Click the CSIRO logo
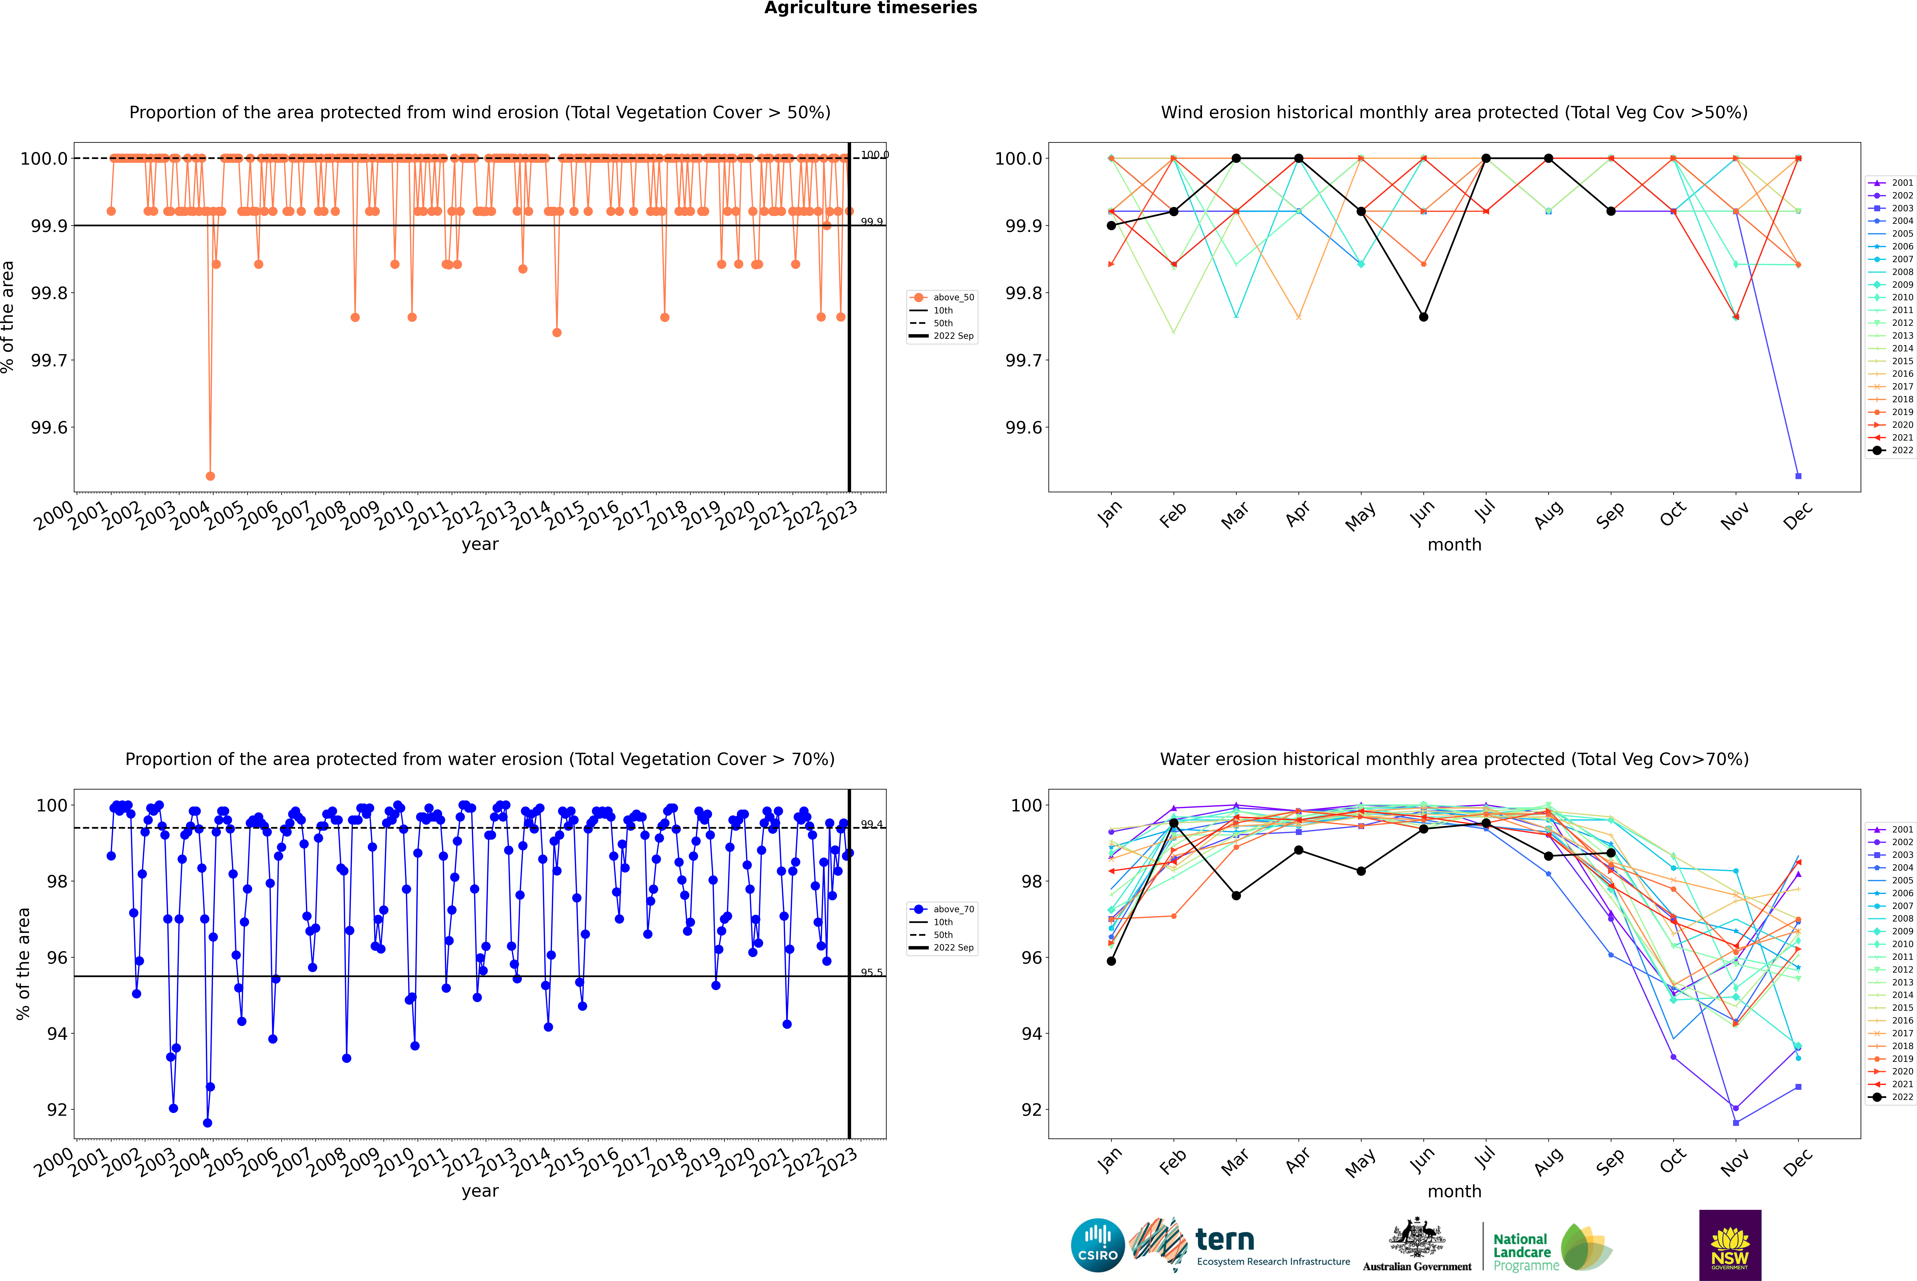coord(1098,1245)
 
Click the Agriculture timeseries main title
coord(870,8)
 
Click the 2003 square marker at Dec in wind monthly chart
coord(1798,475)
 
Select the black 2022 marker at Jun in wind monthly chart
coord(1423,317)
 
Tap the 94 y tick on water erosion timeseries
coord(57,1033)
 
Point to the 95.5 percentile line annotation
coord(871,972)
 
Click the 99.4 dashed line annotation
coord(871,824)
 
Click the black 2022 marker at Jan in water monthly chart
coord(1111,961)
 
